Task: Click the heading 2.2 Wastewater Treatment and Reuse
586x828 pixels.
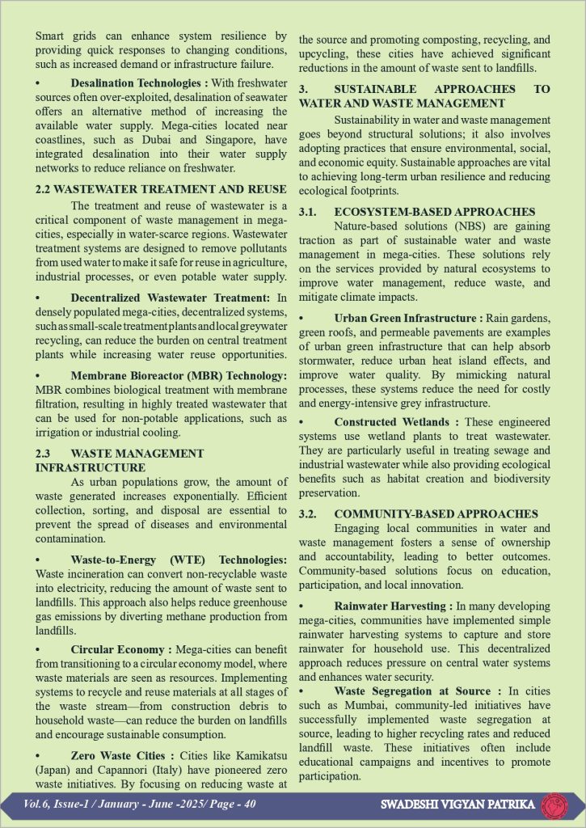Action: pyautogui.click(x=161, y=188)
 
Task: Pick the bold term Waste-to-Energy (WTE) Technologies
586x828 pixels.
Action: pyautogui.click(x=179, y=560)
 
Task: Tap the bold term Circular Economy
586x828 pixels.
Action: pyautogui.click(x=119, y=649)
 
